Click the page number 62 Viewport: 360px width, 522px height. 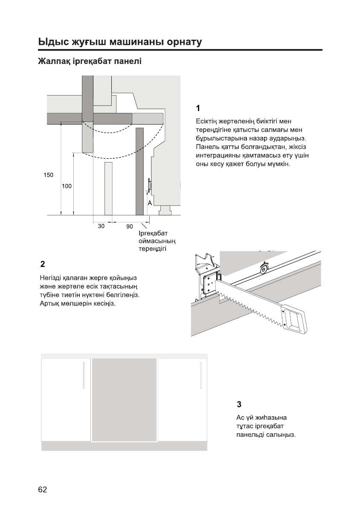pyautogui.click(x=43, y=490)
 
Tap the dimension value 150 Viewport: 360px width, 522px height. pyautogui.click(x=48, y=175)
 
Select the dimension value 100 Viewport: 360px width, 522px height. pyautogui.click(x=67, y=186)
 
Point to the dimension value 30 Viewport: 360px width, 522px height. pyautogui.click(x=101, y=226)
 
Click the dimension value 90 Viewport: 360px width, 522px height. pyautogui.click(x=129, y=227)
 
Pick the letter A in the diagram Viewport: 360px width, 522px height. pyautogui.click(x=150, y=204)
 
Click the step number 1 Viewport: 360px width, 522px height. pyautogui.click(x=198, y=107)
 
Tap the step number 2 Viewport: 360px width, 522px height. pyautogui.click(x=42, y=263)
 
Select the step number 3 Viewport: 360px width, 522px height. pyautogui.click(x=239, y=403)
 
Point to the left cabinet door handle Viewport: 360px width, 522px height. pyautogui.click(x=84, y=375)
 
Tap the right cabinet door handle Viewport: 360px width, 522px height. pyautogui.click(x=201, y=375)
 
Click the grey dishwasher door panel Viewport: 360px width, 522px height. pyautogui.click(x=124, y=400)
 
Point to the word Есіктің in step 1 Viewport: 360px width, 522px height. pyautogui.click(x=208, y=122)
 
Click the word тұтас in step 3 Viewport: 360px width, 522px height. pyautogui.click(x=245, y=426)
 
